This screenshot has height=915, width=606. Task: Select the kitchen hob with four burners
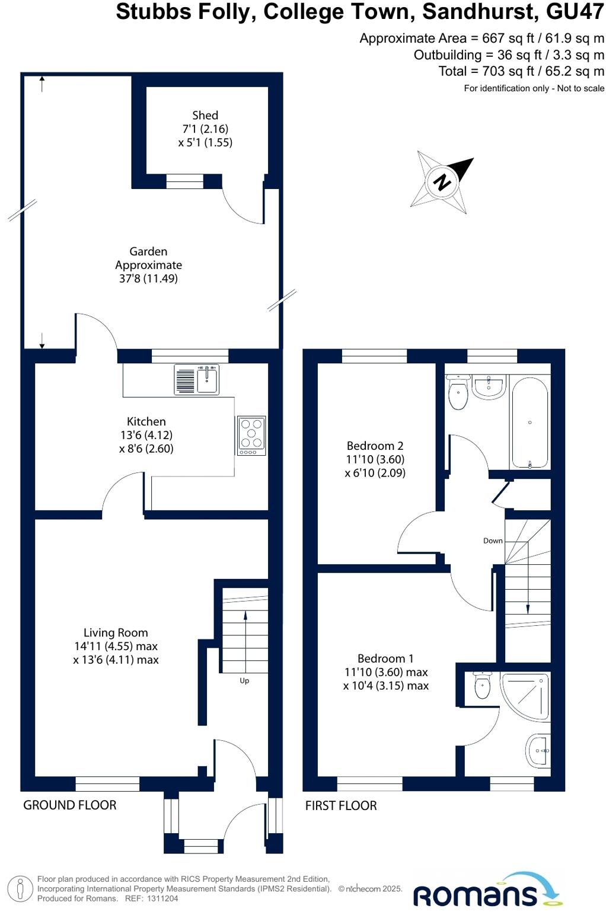point(251,435)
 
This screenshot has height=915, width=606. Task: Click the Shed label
point(205,116)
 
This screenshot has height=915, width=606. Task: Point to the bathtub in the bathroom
point(530,422)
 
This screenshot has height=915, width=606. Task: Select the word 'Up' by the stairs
point(244,681)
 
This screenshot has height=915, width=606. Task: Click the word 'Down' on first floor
point(493,541)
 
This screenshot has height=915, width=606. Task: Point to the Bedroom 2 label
point(375,446)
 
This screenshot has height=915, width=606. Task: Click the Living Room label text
point(116,633)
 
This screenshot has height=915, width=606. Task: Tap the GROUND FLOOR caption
point(70,805)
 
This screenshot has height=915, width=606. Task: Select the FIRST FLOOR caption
point(341,805)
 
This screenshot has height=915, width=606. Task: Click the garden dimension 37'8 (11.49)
point(148,279)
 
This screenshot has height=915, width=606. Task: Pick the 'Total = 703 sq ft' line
point(521,71)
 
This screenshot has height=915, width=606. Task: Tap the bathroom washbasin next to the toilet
point(490,388)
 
